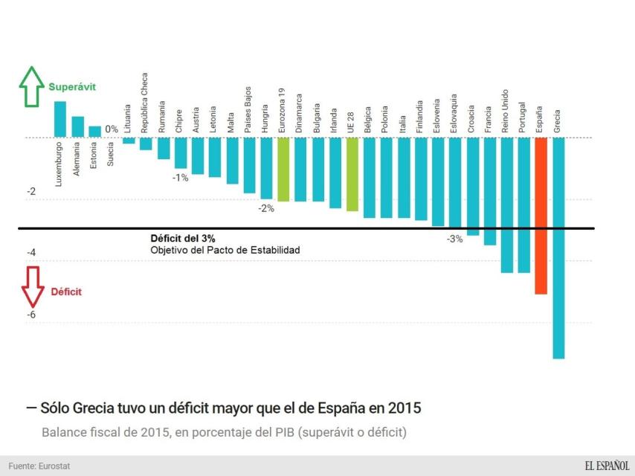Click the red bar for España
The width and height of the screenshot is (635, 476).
click(541, 216)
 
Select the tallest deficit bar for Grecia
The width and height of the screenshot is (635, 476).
click(558, 248)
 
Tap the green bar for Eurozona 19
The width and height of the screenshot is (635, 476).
click(283, 170)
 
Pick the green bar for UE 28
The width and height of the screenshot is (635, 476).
click(352, 174)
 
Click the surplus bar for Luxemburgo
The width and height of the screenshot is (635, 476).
click(60, 119)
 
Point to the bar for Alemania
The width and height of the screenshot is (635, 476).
click(77, 126)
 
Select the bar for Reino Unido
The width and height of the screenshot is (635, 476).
click(506, 205)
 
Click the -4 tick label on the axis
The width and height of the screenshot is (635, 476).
click(31, 253)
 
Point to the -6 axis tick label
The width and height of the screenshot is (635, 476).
click(31, 315)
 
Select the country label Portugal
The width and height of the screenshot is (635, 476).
click(523, 118)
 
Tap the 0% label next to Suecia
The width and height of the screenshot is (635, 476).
click(112, 129)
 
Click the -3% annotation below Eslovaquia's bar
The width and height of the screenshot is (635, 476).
click(454, 239)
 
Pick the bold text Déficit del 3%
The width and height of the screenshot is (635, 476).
click(183, 238)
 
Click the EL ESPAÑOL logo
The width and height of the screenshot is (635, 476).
click(606, 466)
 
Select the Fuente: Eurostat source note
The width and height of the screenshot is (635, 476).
click(39, 466)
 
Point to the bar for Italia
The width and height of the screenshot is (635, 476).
click(403, 178)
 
